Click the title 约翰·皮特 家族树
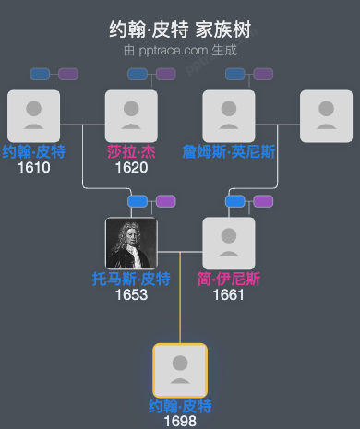(180, 30)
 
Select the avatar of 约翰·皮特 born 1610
(33, 116)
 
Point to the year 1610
(33, 167)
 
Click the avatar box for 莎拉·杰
(131, 116)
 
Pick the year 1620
(131, 167)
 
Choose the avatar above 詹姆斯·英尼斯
(229, 116)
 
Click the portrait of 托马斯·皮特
(131, 244)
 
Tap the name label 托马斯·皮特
(131, 280)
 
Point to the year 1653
(131, 294)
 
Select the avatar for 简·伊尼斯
(229, 244)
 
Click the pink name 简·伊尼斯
(229, 280)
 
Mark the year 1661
(229, 294)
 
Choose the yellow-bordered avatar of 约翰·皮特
(180, 370)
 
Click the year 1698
(180, 421)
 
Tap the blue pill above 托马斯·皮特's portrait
(138, 201)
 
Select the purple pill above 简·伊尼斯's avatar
(264, 201)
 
